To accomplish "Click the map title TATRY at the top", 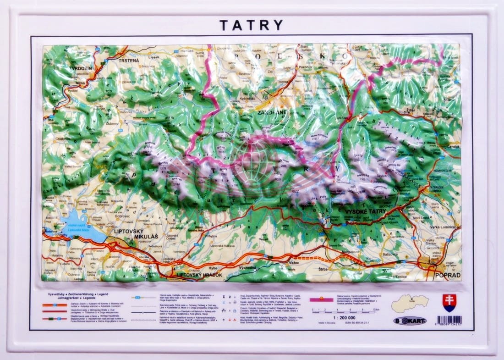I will coord(251,25).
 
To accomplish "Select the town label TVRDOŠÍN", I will coord(81,68).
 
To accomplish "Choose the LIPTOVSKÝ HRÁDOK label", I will coord(199,275).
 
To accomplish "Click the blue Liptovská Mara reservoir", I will coord(82,227).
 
